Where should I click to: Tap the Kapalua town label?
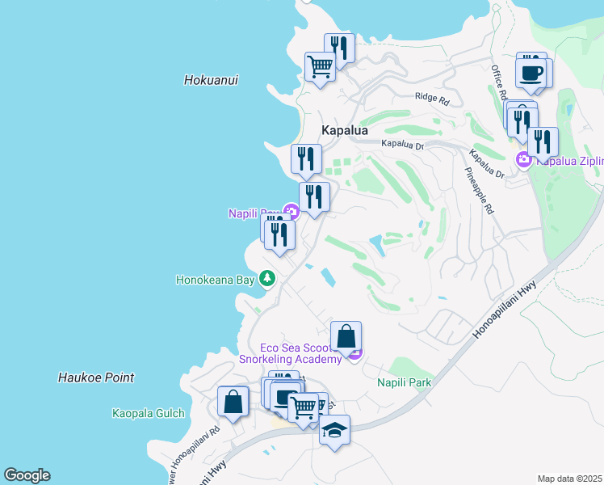(x=345, y=130)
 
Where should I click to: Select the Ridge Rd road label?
(x=431, y=98)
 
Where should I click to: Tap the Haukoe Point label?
(x=96, y=377)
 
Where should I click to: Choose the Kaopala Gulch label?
(x=149, y=413)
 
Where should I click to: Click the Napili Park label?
(x=405, y=382)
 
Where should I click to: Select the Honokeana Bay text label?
(x=216, y=280)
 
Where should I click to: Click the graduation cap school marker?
(x=335, y=431)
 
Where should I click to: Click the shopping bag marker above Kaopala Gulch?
(x=233, y=402)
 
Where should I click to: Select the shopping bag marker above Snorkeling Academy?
(x=346, y=336)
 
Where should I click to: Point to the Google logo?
(x=27, y=475)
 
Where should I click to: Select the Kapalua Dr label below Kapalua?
(x=403, y=145)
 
